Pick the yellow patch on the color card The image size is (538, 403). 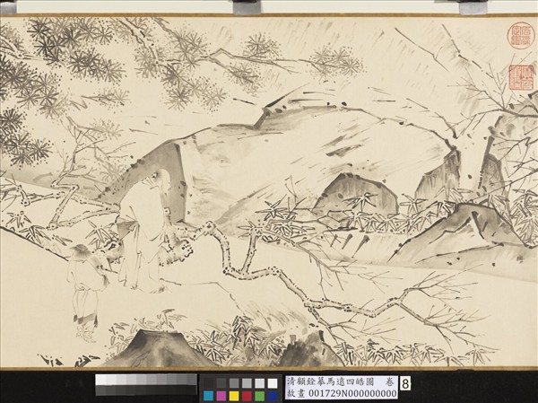tap(233, 396)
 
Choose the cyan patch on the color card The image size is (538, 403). tap(207, 396)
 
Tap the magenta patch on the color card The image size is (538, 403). tap(221, 396)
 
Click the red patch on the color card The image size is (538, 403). tap(247, 396)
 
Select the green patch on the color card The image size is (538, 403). tap(260, 396)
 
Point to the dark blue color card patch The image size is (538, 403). tap(273, 396)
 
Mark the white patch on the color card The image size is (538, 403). tap(273, 383)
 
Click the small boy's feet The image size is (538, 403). tap(86, 336)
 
